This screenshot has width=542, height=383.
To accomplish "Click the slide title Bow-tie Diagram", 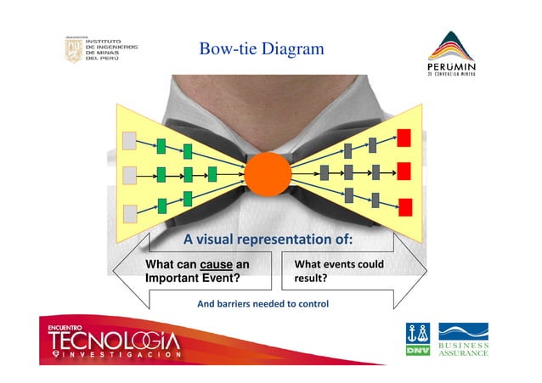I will tap(262, 50).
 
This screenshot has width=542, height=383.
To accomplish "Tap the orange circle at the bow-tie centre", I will tap(268, 174).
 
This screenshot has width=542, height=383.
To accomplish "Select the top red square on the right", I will tap(404, 138).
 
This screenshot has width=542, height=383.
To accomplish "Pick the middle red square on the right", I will tap(404, 172).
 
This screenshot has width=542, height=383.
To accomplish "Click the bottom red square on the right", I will tap(405, 206).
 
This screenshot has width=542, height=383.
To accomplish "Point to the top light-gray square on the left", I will tap(130, 139).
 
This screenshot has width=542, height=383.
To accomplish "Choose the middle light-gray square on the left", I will tap(130, 175).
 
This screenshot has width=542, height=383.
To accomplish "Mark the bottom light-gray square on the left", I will tap(130, 211).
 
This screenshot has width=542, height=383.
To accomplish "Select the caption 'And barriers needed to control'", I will tap(263, 303).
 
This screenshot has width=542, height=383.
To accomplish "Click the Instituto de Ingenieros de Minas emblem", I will tap(74, 51).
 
